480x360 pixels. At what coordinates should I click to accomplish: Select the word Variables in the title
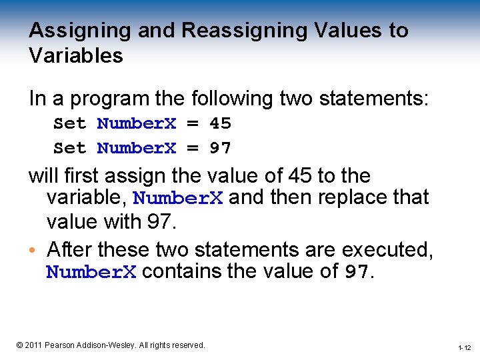(x=76, y=56)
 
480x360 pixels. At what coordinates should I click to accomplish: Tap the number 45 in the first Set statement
(x=220, y=123)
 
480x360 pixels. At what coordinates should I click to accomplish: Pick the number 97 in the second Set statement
(x=220, y=148)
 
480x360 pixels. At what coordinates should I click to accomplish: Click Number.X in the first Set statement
(x=137, y=123)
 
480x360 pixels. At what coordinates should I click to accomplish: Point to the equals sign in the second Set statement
(x=193, y=148)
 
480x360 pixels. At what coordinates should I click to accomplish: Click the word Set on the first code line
(x=69, y=123)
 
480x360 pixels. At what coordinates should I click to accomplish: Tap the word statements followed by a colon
(x=377, y=99)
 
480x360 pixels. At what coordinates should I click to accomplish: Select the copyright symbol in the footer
(x=19, y=345)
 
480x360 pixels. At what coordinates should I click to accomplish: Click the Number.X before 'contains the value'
(x=91, y=272)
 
